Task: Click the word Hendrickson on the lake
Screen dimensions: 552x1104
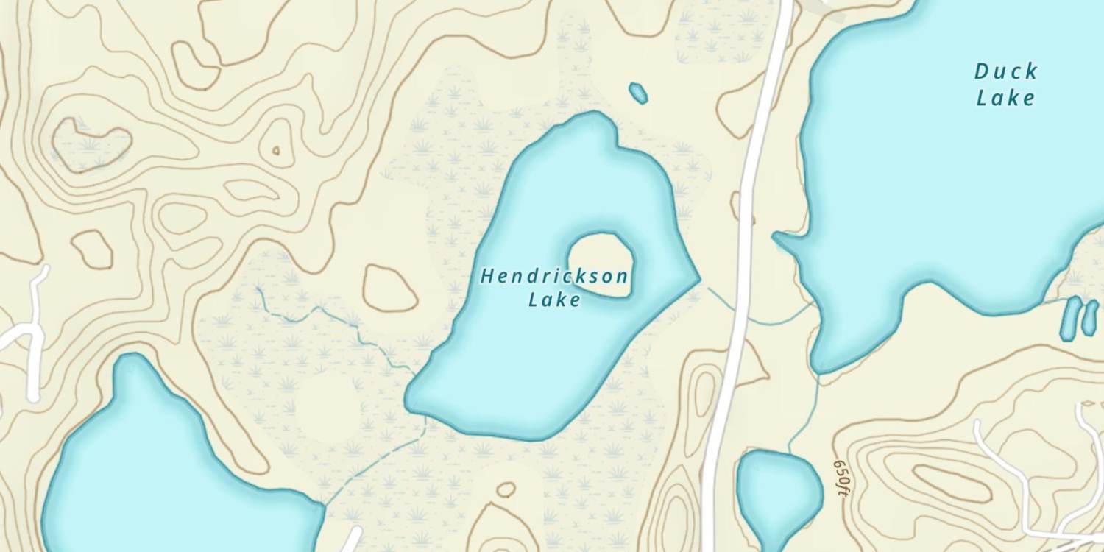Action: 554,277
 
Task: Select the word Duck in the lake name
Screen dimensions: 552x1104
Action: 1006,72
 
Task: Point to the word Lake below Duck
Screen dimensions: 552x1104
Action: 1006,98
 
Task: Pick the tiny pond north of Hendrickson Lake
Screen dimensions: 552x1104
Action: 638,93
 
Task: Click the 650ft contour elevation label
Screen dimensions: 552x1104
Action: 841,478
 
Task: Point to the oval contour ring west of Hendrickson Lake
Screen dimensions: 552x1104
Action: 390,288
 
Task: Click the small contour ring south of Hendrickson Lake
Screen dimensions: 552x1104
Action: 506,489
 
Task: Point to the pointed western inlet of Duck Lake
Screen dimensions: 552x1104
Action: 785,240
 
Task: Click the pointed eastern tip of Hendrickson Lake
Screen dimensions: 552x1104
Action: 695,279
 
